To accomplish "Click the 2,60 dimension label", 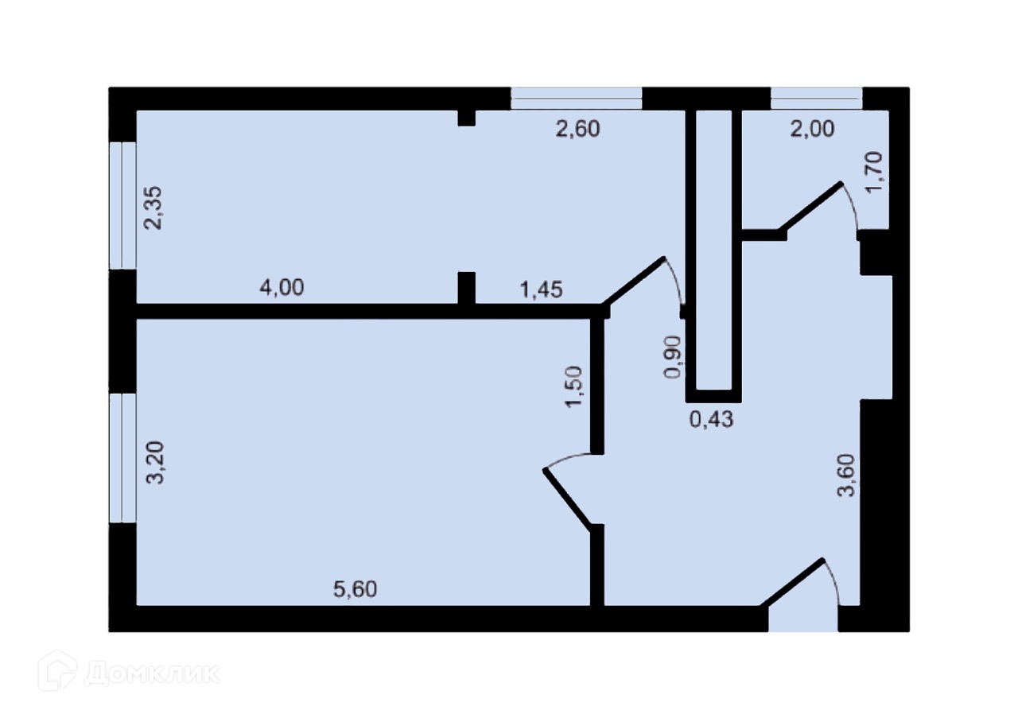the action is (577, 129).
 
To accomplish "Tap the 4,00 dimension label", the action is (282, 288).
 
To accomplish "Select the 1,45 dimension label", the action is (541, 290).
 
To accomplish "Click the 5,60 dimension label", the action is (354, 589).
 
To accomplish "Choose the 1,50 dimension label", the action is (573, 386).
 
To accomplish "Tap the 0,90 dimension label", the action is (673, 357).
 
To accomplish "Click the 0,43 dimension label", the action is (710, 420).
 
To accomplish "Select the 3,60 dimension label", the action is (846, 475).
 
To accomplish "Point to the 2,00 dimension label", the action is (812, 129).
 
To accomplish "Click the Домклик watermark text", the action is (151, 673).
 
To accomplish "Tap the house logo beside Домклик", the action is (57, 670).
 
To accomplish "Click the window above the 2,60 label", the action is (576, 98).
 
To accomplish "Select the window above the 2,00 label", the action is (816, 98).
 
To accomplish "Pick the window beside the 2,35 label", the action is (122, 206).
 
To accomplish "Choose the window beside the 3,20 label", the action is (122, 457).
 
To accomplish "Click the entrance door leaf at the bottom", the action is (792, 584).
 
